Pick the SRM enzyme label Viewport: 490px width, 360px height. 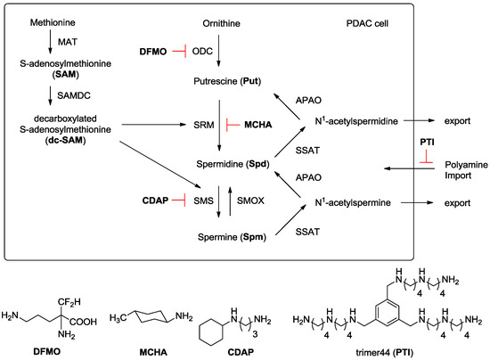tap(203, 125)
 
